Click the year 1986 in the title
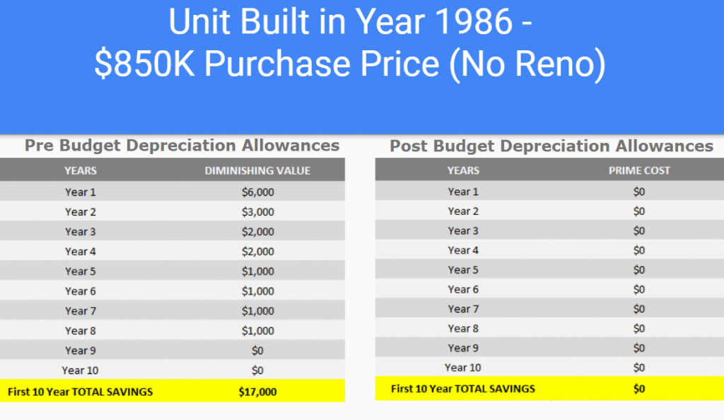[479, 23]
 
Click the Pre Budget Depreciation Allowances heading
[182, 146]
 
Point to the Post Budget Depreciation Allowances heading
[551, 146]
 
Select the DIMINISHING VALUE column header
[257, 170]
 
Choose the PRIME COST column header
[639, 170]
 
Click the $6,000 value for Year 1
[257, 192]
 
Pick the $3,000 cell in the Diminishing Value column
[257, 211]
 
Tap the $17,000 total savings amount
[257, 392]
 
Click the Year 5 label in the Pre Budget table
[80, 271]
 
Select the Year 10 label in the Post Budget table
[462, 367]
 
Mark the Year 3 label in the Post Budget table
[462, 231]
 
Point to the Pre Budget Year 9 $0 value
[257, 350]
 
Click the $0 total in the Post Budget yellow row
[639, 388]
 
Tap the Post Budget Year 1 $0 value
[639, 192]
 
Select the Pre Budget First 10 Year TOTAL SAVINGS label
[80, 392]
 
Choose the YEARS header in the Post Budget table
[462, 170]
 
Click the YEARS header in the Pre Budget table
[80, 170]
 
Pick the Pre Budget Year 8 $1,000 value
[257, 330]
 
